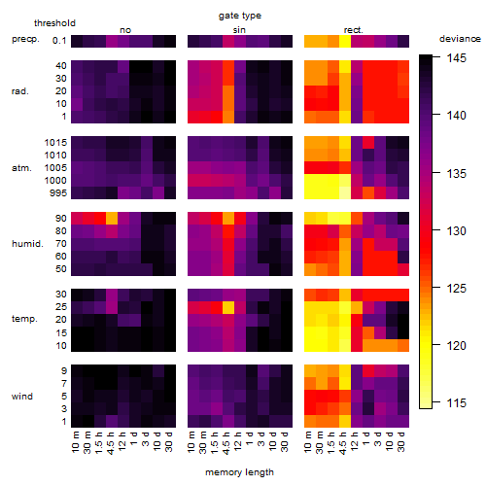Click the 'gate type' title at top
tap(240, 16)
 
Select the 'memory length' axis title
tap(240, 472)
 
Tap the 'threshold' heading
tap(54, 23)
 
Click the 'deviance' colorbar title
tap(460, 39)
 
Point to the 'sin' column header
tap(239, 30)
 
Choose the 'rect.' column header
tap(354, 30)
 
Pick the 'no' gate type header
tap(125, 30)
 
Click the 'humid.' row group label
tap(27, 244)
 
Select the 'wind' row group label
tap(22, 397)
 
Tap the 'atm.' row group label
tap(21, 168)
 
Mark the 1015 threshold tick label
tap(55, 143)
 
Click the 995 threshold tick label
tap(58, 193)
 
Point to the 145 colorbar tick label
tap(456, 58)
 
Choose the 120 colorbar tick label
tap(456, 346)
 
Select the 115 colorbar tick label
tap(456, 403)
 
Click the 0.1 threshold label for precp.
tap(59, 41)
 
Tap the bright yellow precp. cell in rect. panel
tap(345, 41)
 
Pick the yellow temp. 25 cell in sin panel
tap(228, 307)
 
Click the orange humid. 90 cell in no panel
tap(112, 219)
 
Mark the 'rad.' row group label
tap(20, 91)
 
